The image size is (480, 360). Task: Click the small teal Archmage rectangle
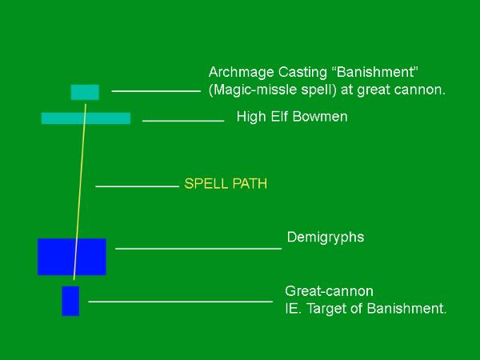click(85, 92)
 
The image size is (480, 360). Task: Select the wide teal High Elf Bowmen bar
click(86, 118)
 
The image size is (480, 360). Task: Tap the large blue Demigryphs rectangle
click(72, 257)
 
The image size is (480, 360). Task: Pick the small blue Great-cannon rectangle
click(70, 301)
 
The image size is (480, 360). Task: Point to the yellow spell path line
click(79, 192)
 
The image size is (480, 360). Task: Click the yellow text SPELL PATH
click(226, 184)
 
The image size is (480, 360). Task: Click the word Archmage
click(242, 73)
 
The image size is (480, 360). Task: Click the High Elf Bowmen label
click(292, 117)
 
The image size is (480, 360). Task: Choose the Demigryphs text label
click(326, 238)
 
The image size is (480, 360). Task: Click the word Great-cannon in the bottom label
click(329, 291)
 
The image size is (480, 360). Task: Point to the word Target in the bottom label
click(326, 309)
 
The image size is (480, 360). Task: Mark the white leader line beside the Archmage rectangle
click(156, 91)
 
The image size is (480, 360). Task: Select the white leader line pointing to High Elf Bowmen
click(183, 121)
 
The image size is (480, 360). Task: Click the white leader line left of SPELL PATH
click(137, 186)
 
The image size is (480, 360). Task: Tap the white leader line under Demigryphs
click(198, 249)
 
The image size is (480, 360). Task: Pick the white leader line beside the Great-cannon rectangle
click(181, 302)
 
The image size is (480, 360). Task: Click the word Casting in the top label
click(302, 73)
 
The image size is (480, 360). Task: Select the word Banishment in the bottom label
click(406, 309)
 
